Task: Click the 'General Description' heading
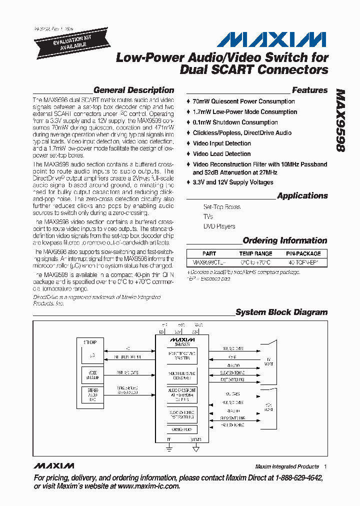[x=133, y=90]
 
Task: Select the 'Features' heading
[x=309, y=90]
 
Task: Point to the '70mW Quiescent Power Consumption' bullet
[x=243, y=101]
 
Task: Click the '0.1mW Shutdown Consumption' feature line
[x=235, y=122]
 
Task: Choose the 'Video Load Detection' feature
[x=221, y=154]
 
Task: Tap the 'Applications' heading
[x=302, y=196]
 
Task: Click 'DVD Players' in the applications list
[x=219, y=226]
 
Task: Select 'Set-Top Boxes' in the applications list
[x=221, y=207]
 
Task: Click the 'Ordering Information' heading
[x=285, y=240]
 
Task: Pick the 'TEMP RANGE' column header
[x=255, y=253]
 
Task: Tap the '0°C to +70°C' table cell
[x=255, y=262]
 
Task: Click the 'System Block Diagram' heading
[x=281, y=312]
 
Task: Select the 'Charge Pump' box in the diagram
[x=182, y=429]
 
